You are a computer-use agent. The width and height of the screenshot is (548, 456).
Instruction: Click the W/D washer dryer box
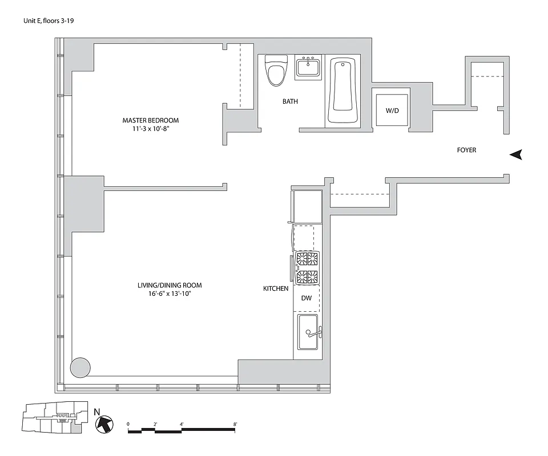[392, 110]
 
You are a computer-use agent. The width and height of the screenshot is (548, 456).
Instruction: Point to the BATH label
[290, 101]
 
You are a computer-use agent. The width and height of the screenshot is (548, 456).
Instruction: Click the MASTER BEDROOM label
[150, 120]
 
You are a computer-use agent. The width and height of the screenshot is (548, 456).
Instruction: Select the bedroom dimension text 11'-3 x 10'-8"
[150, 129]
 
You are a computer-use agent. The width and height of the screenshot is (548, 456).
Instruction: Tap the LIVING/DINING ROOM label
[170, 285]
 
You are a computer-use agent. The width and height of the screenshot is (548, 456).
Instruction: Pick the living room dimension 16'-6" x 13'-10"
[170, 295]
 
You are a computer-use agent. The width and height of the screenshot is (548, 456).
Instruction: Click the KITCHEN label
[275, 289]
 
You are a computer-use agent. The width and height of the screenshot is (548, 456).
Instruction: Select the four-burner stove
[306, 268]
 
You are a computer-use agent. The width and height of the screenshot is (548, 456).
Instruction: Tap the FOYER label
[466, 150]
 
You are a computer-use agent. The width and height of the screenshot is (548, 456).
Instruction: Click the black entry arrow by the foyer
[516, 154]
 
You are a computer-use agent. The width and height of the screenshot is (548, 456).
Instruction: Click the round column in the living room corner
[80, 367]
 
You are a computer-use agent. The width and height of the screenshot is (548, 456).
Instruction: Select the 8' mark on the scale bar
[235, 424]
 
